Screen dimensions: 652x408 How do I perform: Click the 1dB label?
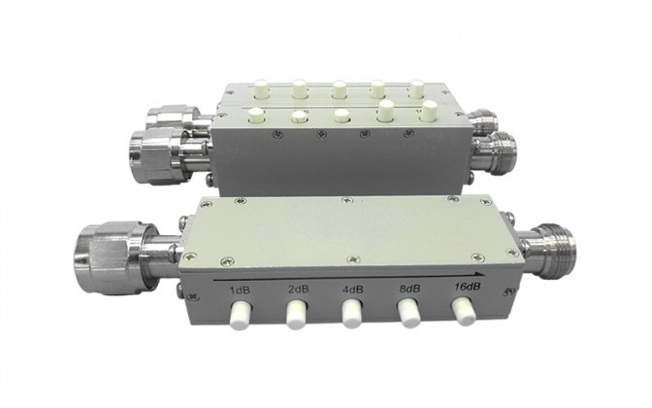point(241,290)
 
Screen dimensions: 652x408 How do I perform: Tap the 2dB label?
point(299,289)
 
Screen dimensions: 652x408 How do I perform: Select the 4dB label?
point(352,289)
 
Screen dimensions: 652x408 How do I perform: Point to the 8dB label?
point(409,289)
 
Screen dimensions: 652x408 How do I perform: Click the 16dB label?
point(467,287)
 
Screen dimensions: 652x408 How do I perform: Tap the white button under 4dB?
point(352,315)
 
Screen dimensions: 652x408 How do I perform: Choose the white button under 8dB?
point(409,313)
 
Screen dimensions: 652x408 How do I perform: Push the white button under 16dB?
point(464,311)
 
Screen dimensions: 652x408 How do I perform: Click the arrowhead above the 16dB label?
point(479,274)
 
